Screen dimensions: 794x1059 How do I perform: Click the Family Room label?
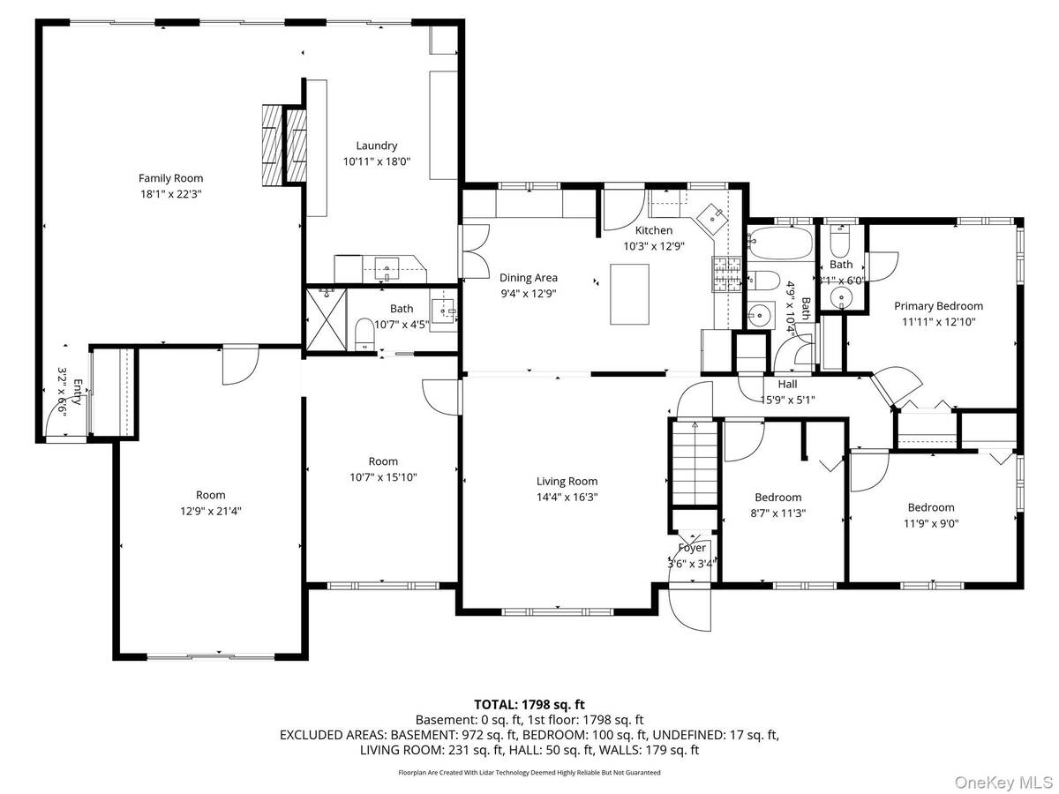click(170, 178)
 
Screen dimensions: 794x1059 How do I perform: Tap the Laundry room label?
click(376, 146)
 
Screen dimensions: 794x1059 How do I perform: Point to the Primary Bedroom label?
click(938, 306)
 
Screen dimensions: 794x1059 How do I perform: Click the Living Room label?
click(567, 481)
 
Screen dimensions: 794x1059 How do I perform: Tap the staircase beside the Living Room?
click(695, 462)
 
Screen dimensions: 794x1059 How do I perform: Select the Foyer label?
click(692, 548)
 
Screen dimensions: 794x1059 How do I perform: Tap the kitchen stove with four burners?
click(728, 273)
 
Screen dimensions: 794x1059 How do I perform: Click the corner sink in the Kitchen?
click(710, 214)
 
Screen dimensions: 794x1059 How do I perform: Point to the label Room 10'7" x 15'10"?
click(382, 468)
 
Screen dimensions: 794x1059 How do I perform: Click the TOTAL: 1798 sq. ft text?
click(529, 704)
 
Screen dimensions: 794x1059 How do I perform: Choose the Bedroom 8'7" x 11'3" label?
click(777, 505)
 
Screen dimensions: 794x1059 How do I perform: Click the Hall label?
click(787, 384)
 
